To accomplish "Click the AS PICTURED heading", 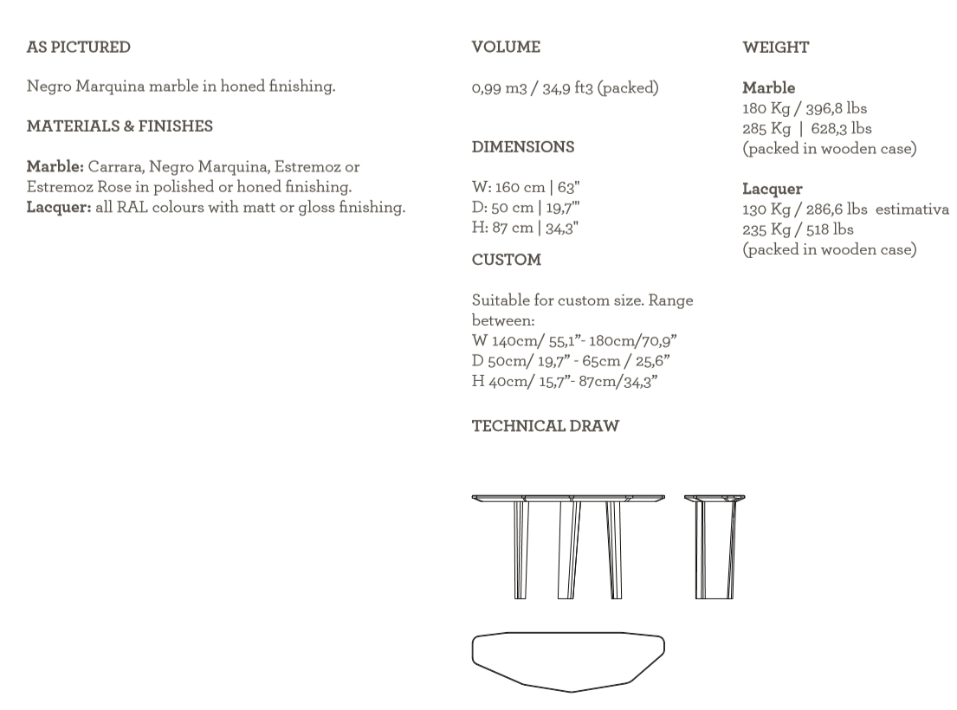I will click(x=78, y=48).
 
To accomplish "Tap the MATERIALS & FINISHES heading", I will click(x=120, y=126).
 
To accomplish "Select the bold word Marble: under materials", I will click(x=55, y=167).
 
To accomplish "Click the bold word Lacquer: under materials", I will click(x=59, y=208).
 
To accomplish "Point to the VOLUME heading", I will click(x=506, y=48).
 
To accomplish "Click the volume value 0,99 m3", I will click(x=499, y=88).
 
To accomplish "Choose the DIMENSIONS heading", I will click(x=523, y=147).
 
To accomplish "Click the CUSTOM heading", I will click(x=507, y=260).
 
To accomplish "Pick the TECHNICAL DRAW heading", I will click(x=546, y=426).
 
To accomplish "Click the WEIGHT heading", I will click(x=776, y=48).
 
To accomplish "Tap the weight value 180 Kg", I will click(x=766, y=109).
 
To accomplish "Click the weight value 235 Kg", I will click(x=766, y=229).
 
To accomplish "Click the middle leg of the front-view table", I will click(x=569, y=550).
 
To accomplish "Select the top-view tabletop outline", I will click(x=568, y=662).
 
